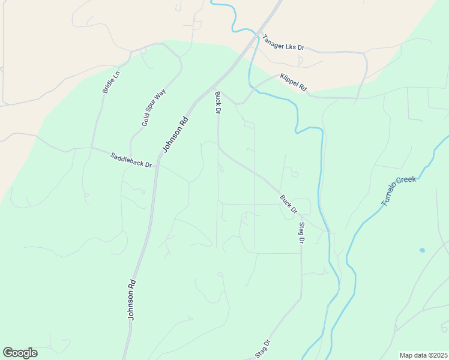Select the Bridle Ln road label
112,82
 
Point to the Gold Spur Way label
154,107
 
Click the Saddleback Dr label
131,160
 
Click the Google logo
20,353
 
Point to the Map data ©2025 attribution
423,355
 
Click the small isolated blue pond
422,250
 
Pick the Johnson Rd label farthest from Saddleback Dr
131,299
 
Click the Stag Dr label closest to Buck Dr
301,233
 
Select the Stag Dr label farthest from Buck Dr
263,349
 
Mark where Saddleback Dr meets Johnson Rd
157,167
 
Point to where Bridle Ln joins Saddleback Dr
91,148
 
